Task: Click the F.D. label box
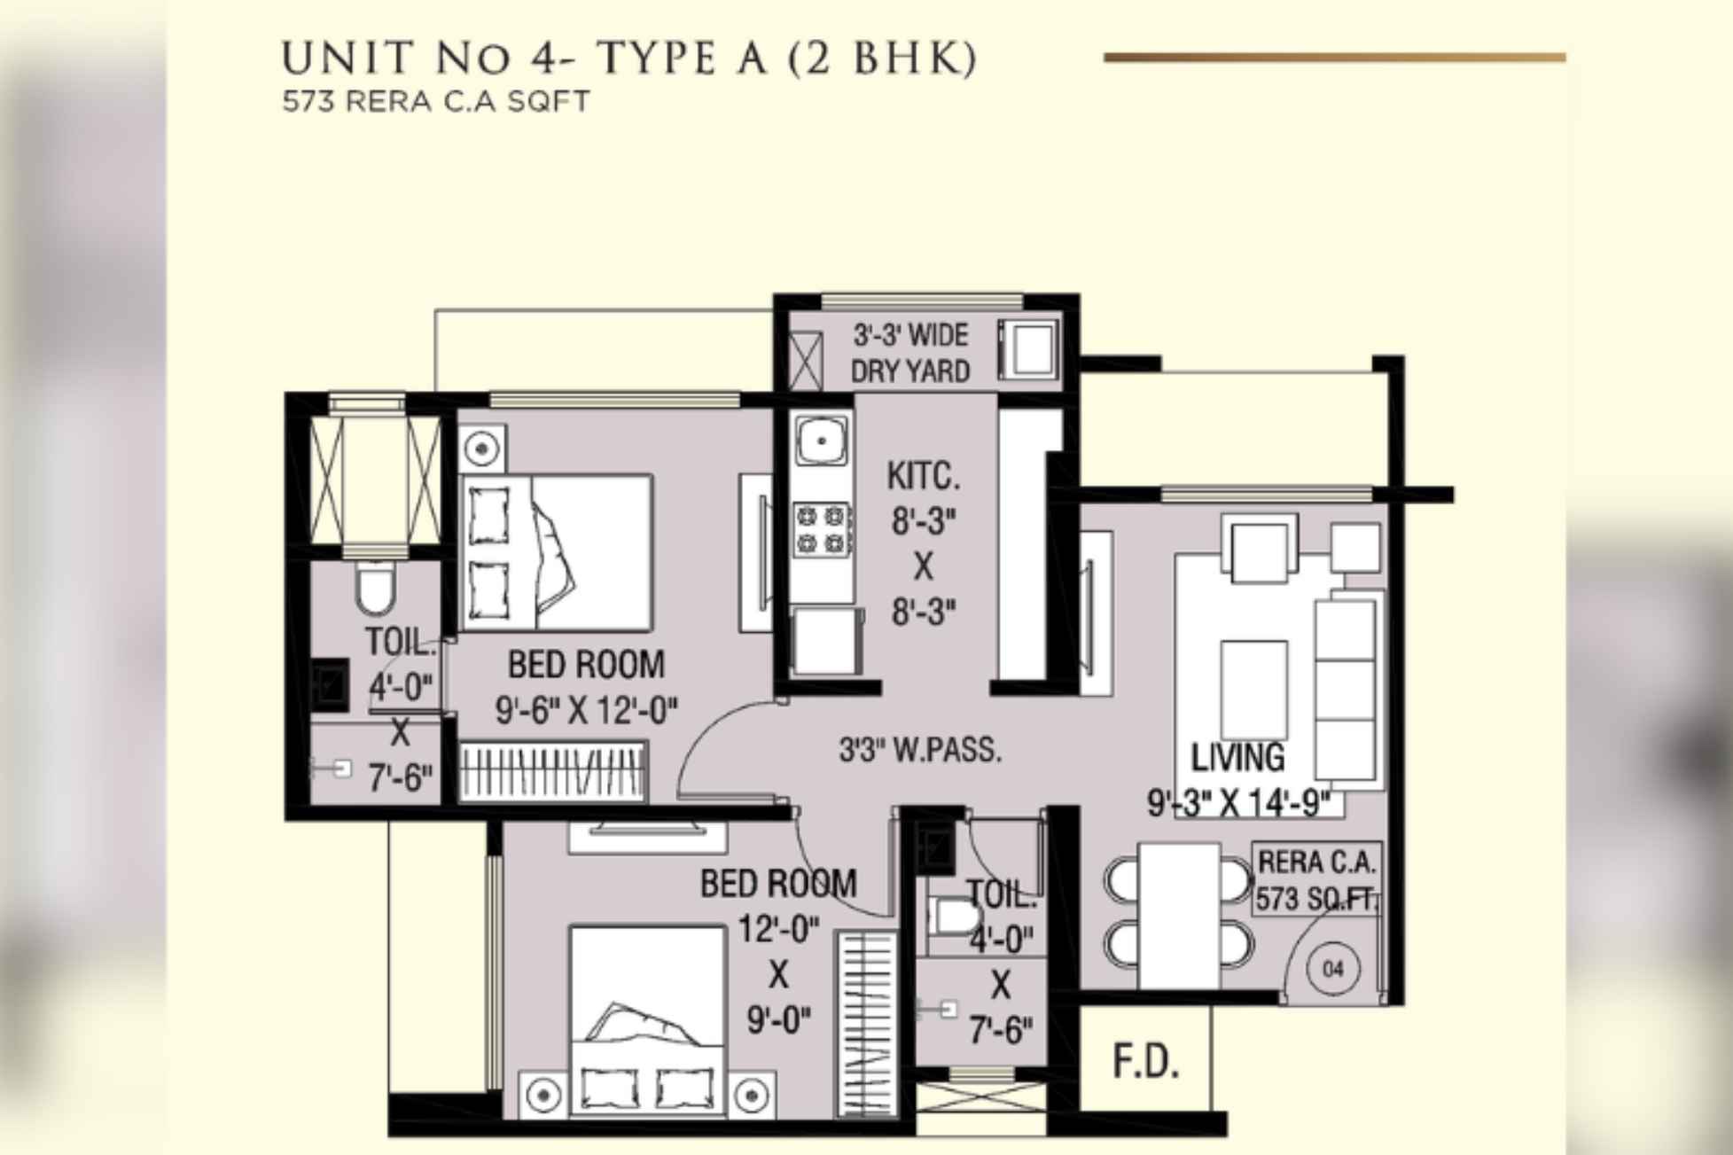click(1145, 1062)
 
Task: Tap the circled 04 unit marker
click(1333, 969)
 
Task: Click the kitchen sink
click(821, 440)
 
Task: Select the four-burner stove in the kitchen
click(822, 529)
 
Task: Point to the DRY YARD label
click(910, 371)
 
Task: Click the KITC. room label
click(923, 477)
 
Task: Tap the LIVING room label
click(1237, 757)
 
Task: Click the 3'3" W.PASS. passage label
click(920, 751)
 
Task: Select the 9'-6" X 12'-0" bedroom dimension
click(586, 709)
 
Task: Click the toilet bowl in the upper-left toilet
click(375, 589)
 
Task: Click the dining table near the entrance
click(1178, 915)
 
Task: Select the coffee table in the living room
click(1253, 689)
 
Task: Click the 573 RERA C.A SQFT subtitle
click(435, 102)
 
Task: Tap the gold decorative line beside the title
click(1334, 58)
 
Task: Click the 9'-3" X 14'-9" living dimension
click(1239, 803)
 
